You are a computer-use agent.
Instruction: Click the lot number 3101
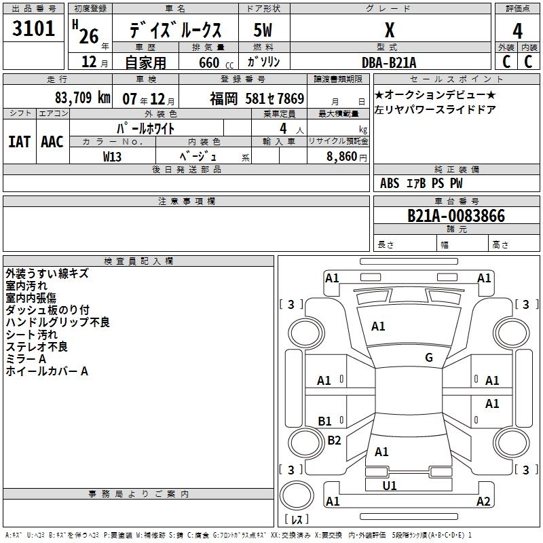(x=34, y=30)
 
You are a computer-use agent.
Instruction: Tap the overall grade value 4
(x=518, y=31)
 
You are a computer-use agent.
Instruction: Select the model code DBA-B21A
(x=390, y=62)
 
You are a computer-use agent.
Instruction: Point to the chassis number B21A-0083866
(x=455, y=216)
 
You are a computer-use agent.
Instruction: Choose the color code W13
(x=113, y=156)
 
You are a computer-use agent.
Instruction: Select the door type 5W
(x=263, y=31)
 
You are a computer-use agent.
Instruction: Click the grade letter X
(x=390, y=31)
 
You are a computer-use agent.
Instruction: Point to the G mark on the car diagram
(x=429, y=358)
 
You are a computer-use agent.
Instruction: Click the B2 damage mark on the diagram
(x=334, y=441)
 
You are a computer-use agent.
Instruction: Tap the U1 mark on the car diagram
(x=390, y=486)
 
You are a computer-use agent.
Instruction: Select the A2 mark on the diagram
(x=483, y=502)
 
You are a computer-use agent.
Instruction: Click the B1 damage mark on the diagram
(x=325, y=422)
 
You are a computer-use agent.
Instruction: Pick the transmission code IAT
(x=20, y=141)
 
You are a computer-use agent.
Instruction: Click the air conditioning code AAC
(x=52, y=141)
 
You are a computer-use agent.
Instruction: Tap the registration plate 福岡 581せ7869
(x=257, y=99)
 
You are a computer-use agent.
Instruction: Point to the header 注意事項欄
(x=187, y=202)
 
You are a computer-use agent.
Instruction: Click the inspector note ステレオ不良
(x=37, y=347)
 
